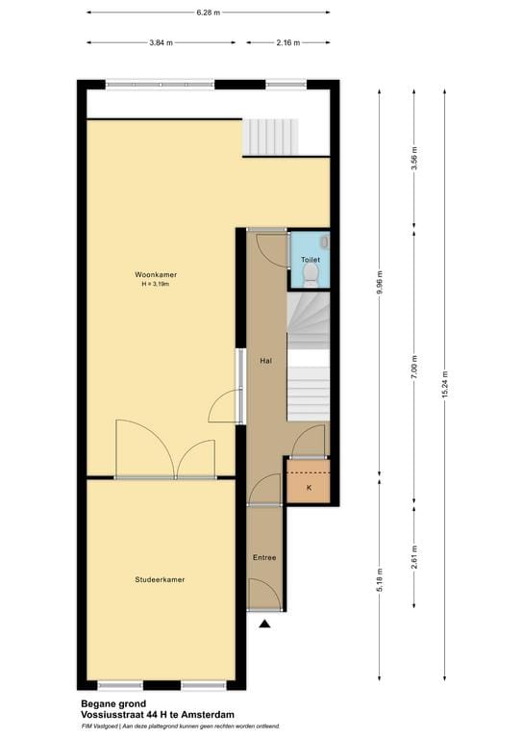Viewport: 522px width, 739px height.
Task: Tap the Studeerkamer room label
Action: [x=160, y=579]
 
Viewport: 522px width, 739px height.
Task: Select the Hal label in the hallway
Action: [x=267, y=361]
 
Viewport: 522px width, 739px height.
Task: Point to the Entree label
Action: [x=264, y=558]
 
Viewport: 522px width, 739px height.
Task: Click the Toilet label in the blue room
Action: [x=310, y=260]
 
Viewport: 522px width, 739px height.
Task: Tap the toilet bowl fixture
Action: [x=310, y=276]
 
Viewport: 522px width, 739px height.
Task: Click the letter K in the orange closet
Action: [x=309, y=489]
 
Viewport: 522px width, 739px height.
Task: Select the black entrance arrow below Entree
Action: [x=264, y=624]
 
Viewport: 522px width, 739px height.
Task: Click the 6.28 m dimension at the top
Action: [x=208, y=13]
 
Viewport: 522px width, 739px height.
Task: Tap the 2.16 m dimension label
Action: [x=288, y=42]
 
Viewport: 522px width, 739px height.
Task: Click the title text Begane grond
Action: [x=107, y=703]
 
